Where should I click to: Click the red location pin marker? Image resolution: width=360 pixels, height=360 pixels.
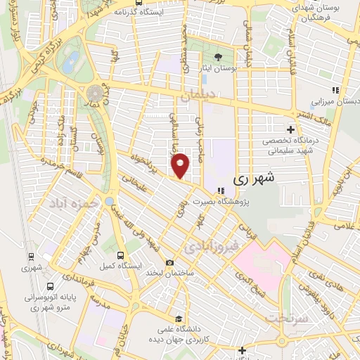181,165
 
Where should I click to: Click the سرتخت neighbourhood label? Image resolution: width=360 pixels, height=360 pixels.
285,319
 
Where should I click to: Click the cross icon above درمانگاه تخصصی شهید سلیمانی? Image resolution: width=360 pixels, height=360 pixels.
290,129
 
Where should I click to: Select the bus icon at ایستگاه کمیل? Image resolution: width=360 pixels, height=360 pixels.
120,255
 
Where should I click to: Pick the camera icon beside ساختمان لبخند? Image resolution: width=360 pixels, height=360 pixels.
169,262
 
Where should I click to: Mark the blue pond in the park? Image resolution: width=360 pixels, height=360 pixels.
70,64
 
